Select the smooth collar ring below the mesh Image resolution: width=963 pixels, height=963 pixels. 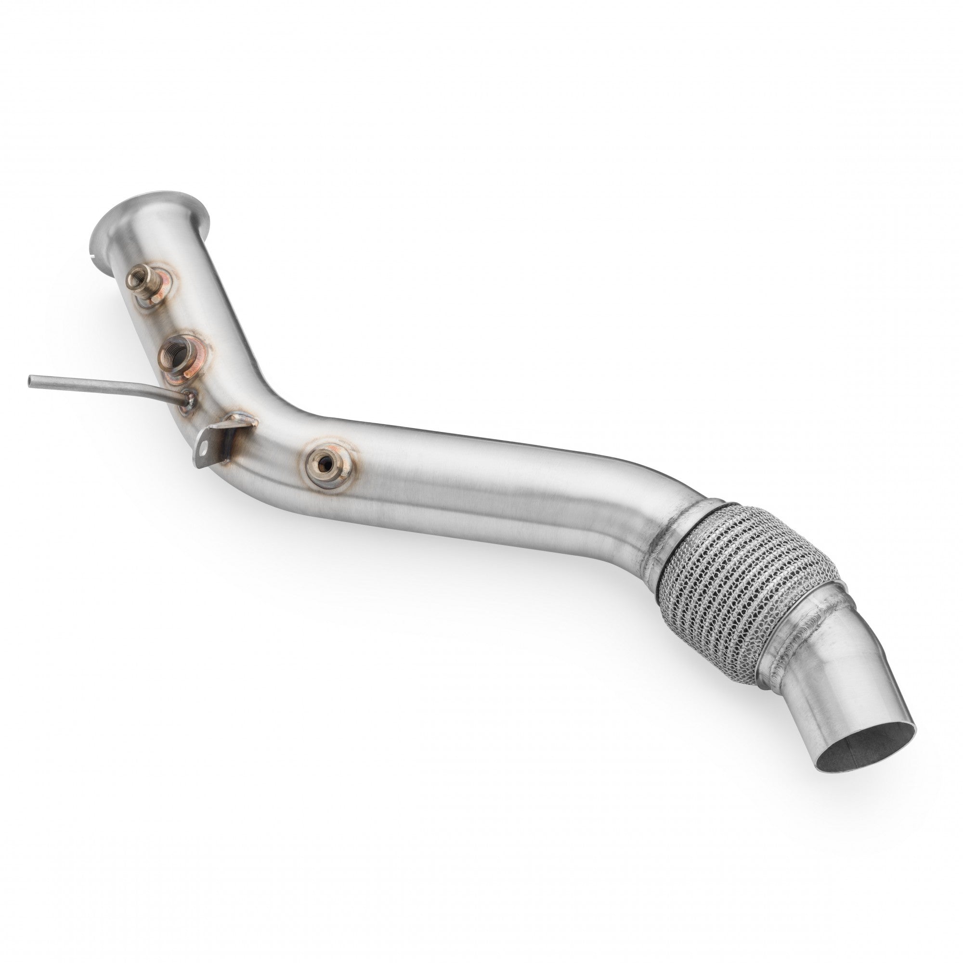[x=807, y=618]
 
